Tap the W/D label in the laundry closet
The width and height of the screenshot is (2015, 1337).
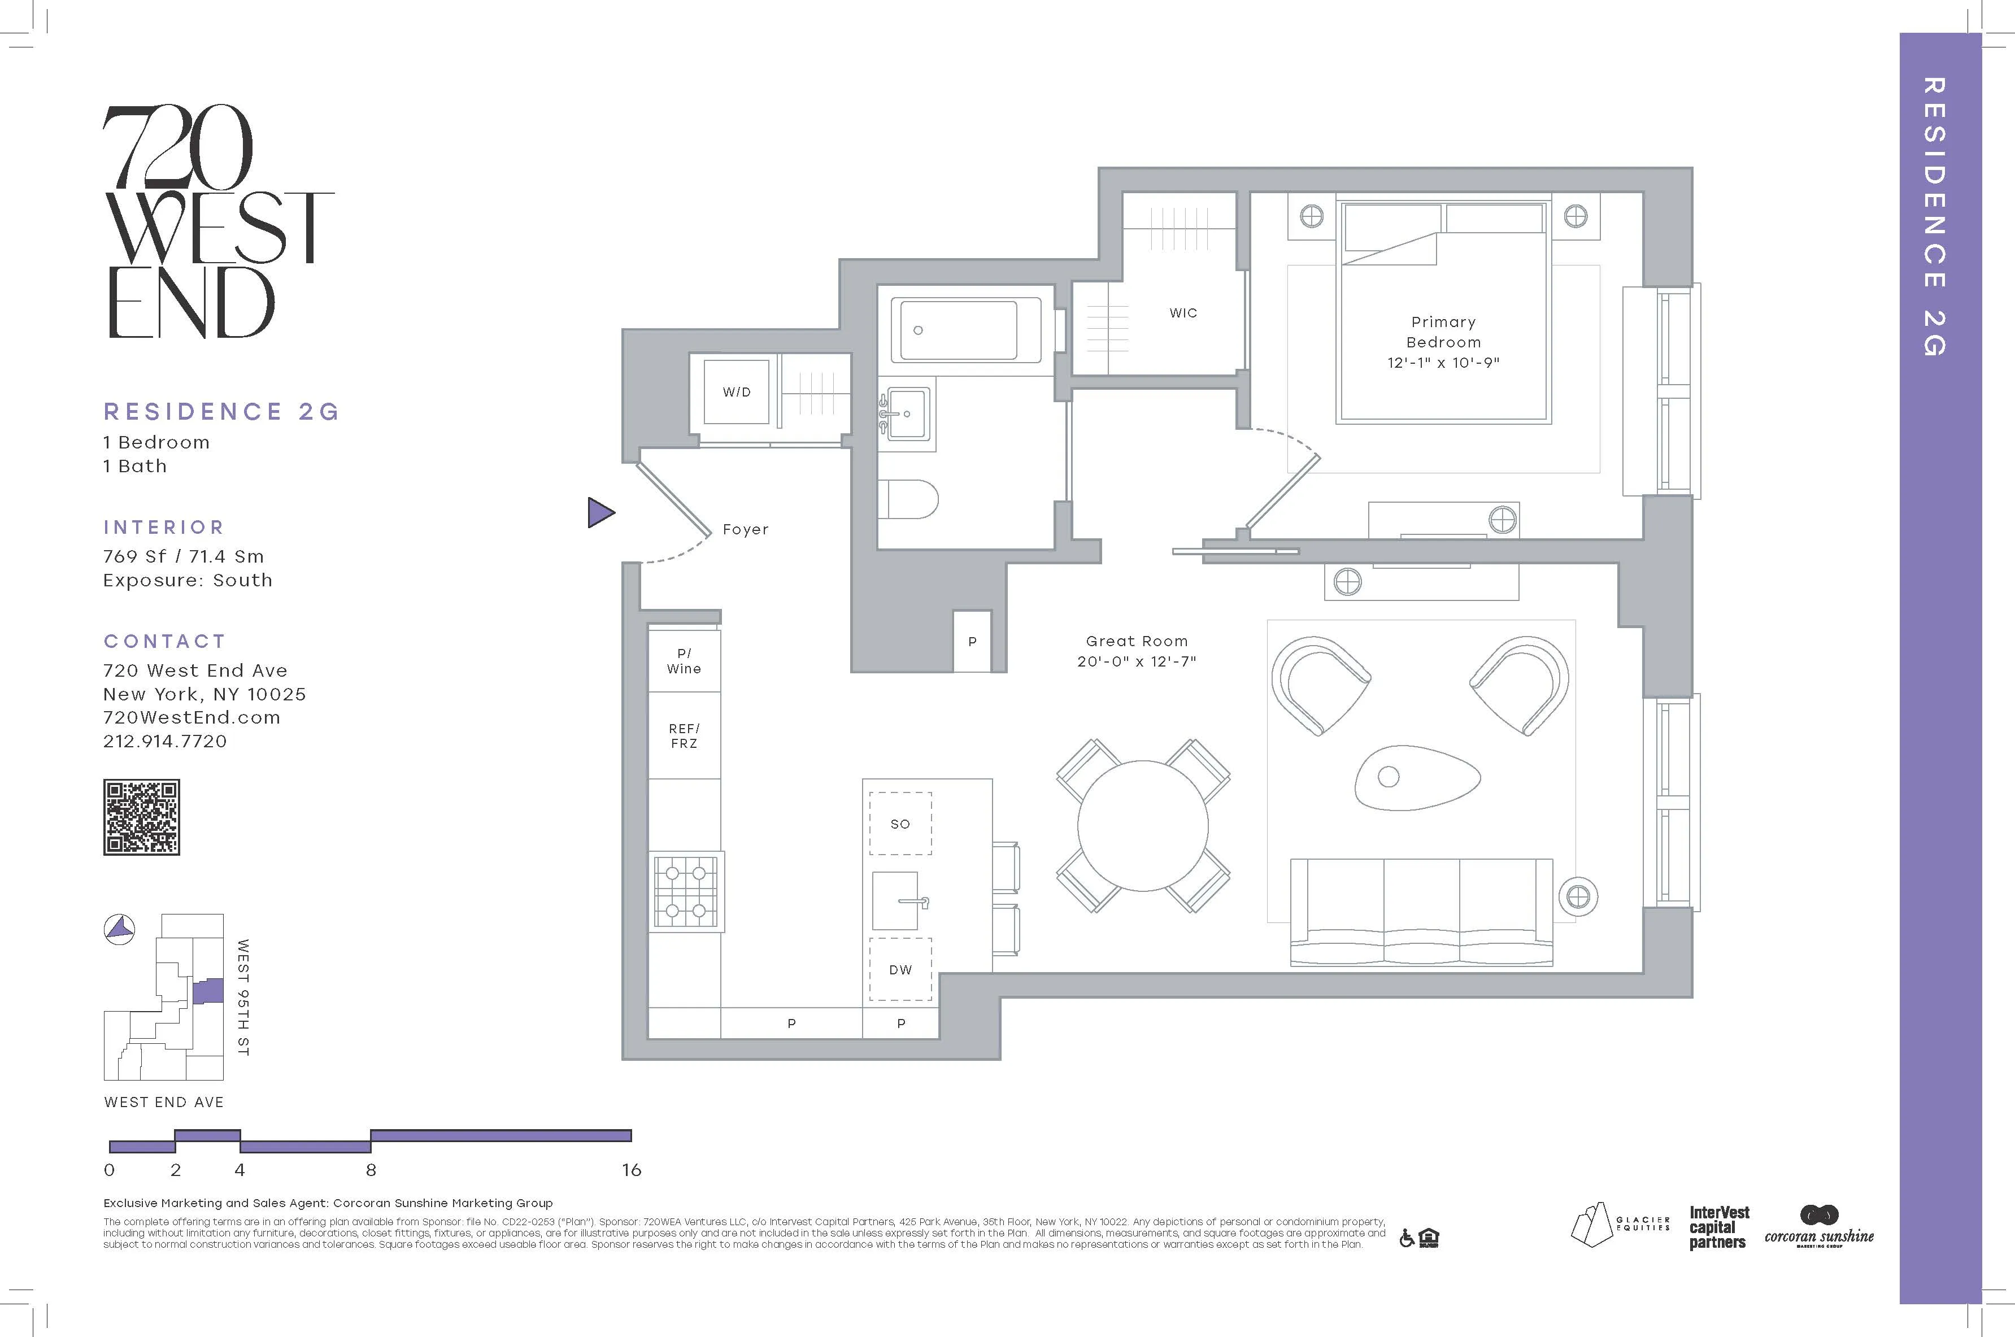(x=737, y=392)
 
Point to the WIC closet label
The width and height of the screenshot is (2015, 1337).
(x=1183, y=313)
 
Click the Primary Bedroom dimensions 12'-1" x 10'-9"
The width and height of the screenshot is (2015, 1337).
(x=1443, y=363)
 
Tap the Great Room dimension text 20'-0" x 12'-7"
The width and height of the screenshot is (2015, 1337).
(x=1136, y=661)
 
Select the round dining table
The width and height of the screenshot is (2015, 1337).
(x=1143, y=825)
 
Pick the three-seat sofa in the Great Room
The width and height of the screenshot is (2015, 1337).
(x=1421, y=912)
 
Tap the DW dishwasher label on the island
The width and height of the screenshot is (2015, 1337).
(x=900, y=969)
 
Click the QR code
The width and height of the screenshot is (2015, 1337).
(x=142, y=817)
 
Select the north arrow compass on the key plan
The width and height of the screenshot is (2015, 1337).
(x=119, y=929)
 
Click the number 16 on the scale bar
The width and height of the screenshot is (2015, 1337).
(x=631, y=1170)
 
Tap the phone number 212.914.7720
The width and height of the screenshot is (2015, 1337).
(x=166, y=741)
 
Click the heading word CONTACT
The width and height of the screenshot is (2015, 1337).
(x=164, y=641)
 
